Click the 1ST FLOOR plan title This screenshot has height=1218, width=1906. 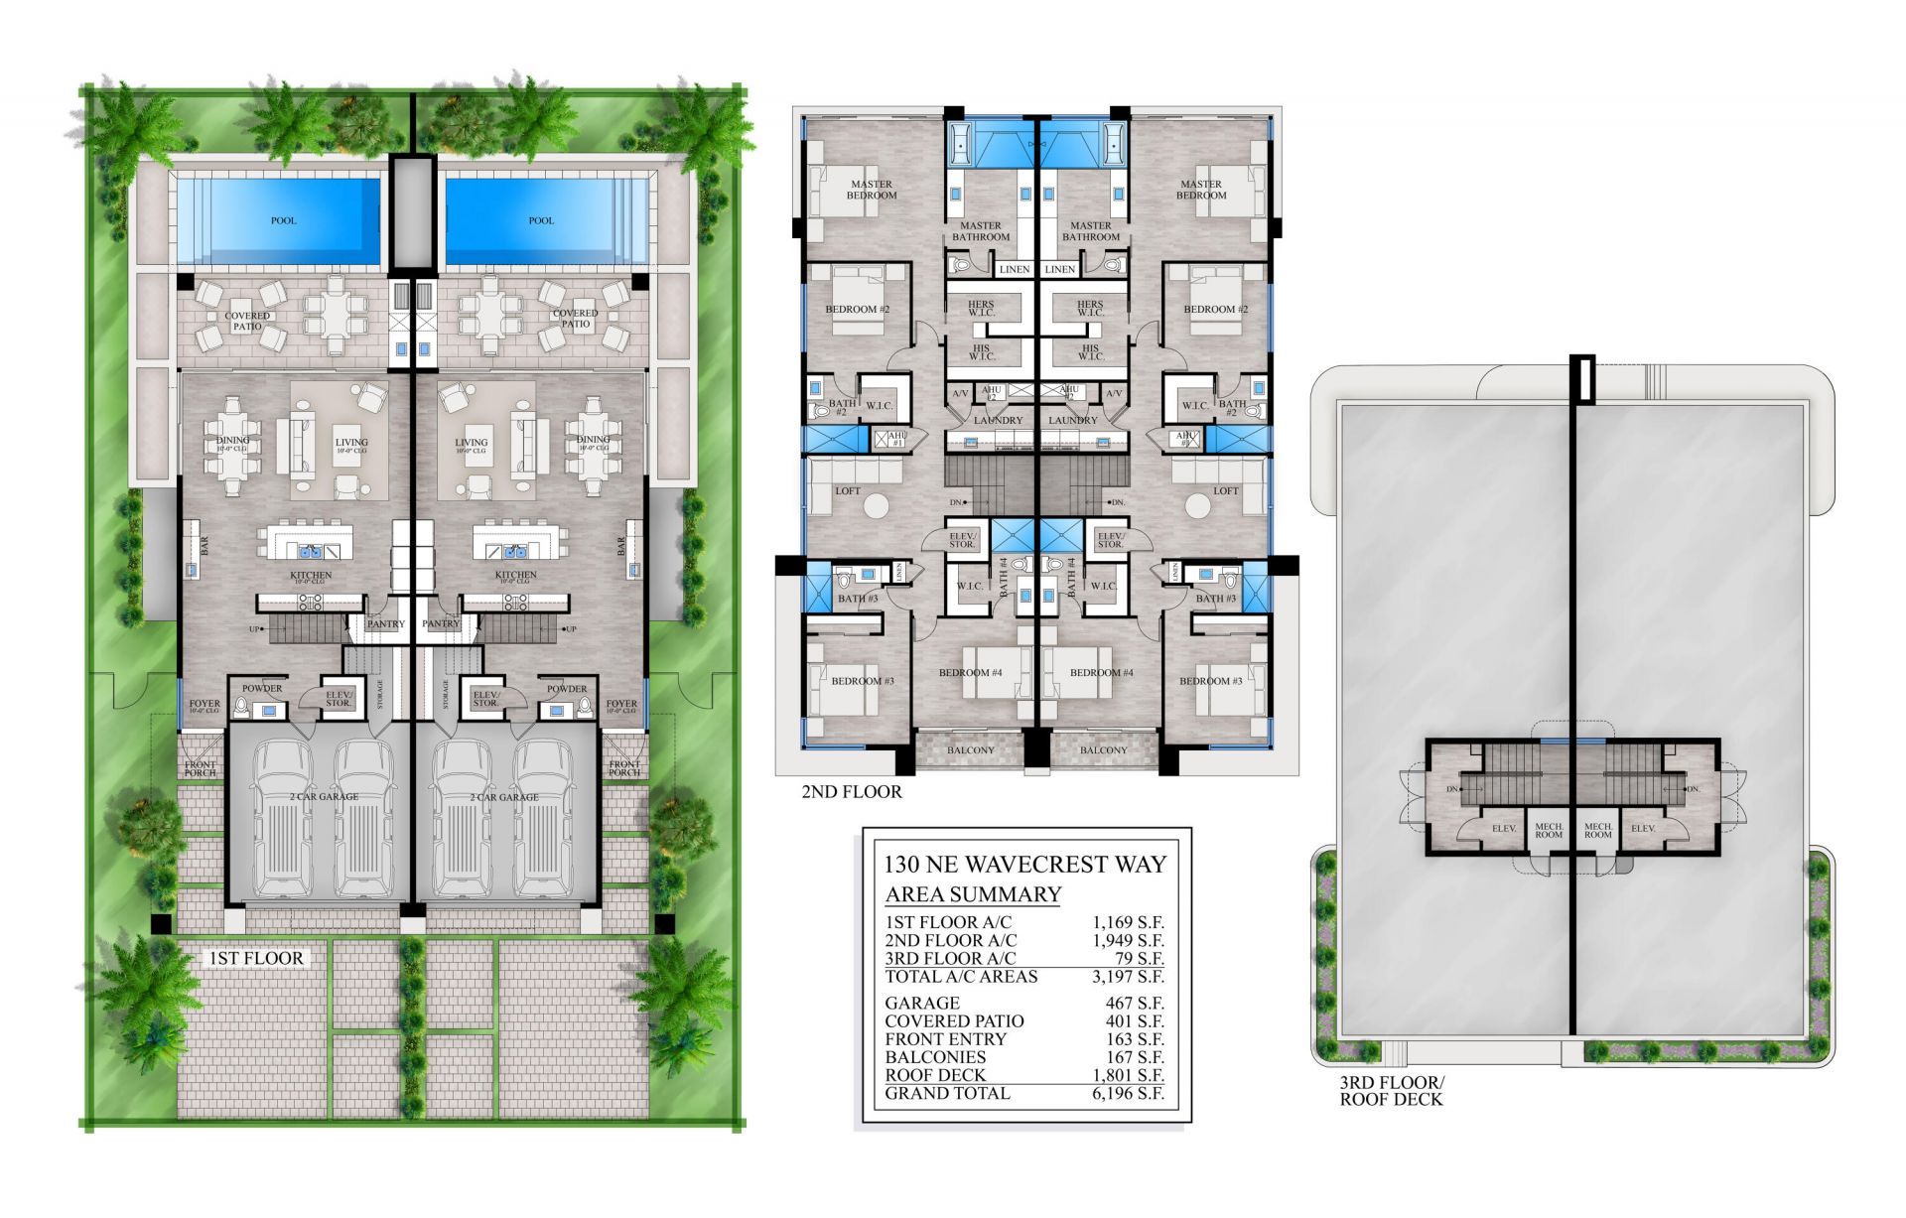[x=254, y=958]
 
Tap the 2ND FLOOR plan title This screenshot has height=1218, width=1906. [x=852, y=792]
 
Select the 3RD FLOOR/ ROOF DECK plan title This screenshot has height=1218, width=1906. [x=1392, y=1091]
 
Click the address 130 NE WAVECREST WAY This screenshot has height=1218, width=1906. [x=1025, y=864]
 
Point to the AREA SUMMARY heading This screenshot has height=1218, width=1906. [x=973, y=893]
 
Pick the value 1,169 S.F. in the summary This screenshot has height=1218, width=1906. [x=1128, y=922]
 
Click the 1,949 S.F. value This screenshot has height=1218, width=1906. [x=1128, y=940]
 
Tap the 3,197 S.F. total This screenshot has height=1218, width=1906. [x=1128, y=977]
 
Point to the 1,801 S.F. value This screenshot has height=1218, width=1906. [x=1128, y=1075]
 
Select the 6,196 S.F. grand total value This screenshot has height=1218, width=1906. [x=1128, y=1094]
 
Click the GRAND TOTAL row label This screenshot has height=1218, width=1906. [x=947, y=1094]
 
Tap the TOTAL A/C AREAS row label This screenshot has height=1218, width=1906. [x=961, y=977]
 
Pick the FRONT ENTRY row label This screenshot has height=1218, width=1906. [x=945, y=1039]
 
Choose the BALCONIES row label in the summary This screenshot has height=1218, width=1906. [x=935, y=1057]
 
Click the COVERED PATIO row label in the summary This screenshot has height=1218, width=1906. [x=954, y=1021]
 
